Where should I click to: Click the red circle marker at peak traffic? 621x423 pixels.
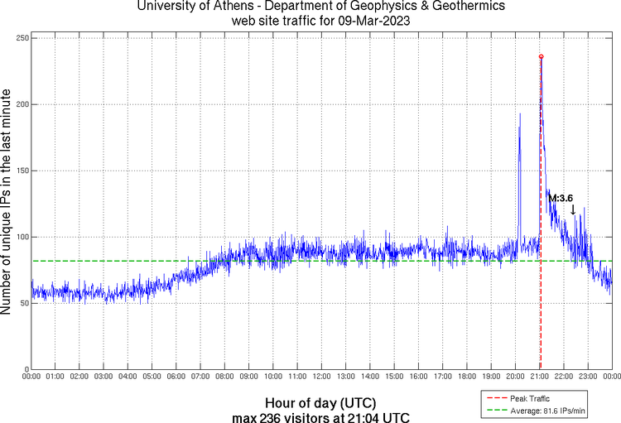[x=541, y=56]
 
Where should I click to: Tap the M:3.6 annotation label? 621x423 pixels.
[x=561, y=198]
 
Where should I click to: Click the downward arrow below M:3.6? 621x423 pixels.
[x=573, y=210]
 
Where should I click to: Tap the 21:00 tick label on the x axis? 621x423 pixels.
[x=539, y=377]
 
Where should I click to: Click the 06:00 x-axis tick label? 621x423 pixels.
[x=176, y=377]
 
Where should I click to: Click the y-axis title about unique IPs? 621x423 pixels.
[x=7, y=204]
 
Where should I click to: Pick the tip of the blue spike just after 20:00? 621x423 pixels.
[x=520, y=113]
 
